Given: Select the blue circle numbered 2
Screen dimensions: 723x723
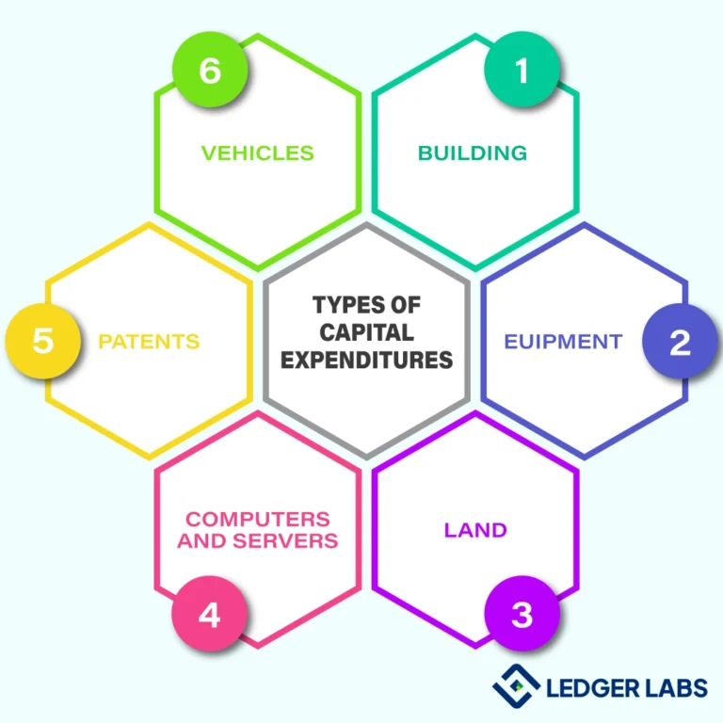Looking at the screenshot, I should click(680, 342).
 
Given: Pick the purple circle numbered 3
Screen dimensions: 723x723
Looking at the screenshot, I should click(522, 614).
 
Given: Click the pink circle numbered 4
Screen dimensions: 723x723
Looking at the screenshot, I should click(210, 614).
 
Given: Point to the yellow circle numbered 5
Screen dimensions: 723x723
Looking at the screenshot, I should click(43, 341).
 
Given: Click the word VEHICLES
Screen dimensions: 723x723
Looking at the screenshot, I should click(258, 153).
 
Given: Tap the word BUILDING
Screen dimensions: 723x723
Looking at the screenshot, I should click(473, 153).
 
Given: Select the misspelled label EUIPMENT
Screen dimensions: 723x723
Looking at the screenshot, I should click(563, 342).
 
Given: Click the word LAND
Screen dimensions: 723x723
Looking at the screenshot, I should click(475, 530).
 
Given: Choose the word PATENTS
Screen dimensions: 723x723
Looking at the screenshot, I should click(149, 342).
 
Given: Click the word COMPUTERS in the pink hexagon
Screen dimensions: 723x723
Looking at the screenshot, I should click(258, 520).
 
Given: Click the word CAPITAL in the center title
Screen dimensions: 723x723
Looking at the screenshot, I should click(366, 332).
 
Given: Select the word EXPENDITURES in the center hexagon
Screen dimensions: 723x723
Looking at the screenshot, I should click(366, 359).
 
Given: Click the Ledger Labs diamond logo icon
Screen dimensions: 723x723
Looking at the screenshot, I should click(516, 685).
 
